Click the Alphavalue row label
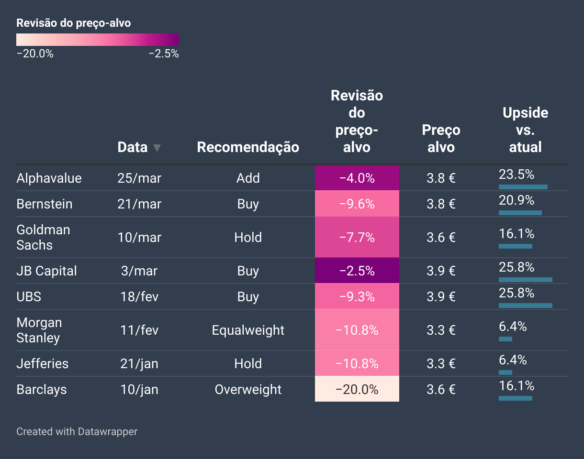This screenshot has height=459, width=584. (x=49, y=178)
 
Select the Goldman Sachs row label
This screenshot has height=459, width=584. (x=43, y=237)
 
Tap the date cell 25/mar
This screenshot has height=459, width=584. (x=139, y=178)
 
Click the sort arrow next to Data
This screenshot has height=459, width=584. (x=157, y=148)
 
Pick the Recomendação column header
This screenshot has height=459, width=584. (x=248, y=147)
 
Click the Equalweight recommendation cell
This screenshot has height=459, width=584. (x=248, y=330)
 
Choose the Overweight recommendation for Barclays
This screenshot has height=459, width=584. (x=248, y=389)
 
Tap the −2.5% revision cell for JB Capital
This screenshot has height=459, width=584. (x=357, y=271)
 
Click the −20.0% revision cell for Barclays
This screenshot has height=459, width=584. (x=357, y=389)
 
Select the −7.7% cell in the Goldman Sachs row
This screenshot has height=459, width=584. (x=357, y=237)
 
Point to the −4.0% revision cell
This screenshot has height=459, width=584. (x=357, y=178)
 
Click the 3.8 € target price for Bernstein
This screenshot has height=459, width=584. (x=441, y=204)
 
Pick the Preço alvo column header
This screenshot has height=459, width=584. (x=441, y=139)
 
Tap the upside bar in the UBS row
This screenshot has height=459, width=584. (x=525, y=305)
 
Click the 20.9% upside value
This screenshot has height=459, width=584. (x=517, y=200)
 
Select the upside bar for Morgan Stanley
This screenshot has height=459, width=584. (x=505, y=339)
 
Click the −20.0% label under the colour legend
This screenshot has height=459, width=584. (x=35, y=54)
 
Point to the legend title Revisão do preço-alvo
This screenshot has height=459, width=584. (x=74, y=23)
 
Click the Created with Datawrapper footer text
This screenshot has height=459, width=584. (x=77, y=431)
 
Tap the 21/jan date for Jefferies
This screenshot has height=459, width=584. (x=139, y=363)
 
